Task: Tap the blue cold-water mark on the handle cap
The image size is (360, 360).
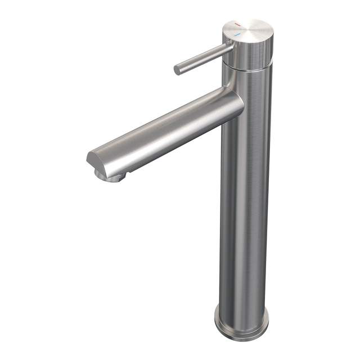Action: (236, 35)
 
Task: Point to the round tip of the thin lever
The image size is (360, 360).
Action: (177, 70)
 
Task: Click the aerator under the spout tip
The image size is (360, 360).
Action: (112, 177)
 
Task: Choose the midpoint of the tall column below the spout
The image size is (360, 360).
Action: (245, 214)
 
